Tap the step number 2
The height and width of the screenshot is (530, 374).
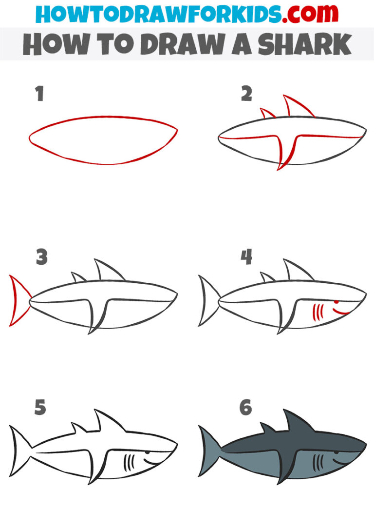[x=246, y=94]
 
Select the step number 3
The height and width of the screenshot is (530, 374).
[x=41, y=257]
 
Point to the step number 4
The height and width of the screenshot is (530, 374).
[x=247, y=257]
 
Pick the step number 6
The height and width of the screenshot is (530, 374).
[x=246, y=407]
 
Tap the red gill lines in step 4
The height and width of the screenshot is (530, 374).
[x=318, y=311]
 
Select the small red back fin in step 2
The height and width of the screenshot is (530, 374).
[x=267, y=113]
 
